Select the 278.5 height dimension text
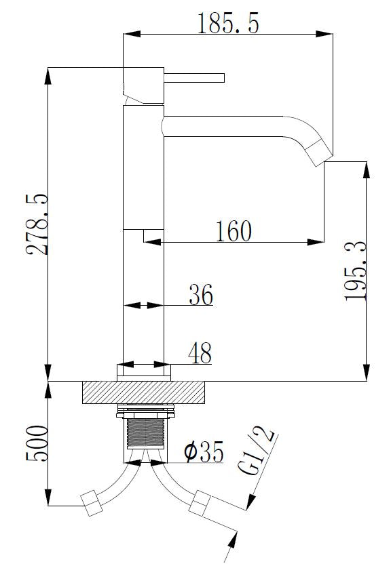pyautogui.click(x=37, y=224)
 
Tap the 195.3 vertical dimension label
pyautogui.click(x=356, y=270)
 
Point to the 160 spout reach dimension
pyautogui.click(x=234, y=231)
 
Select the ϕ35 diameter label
pyautogui.click(x=204, y=452)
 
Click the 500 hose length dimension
pyautogui.click(x=37, y=444)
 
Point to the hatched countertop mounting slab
pyautogui.click(x=143, y=392)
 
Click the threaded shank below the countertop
pyautogui.click(x=146, y=432)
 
